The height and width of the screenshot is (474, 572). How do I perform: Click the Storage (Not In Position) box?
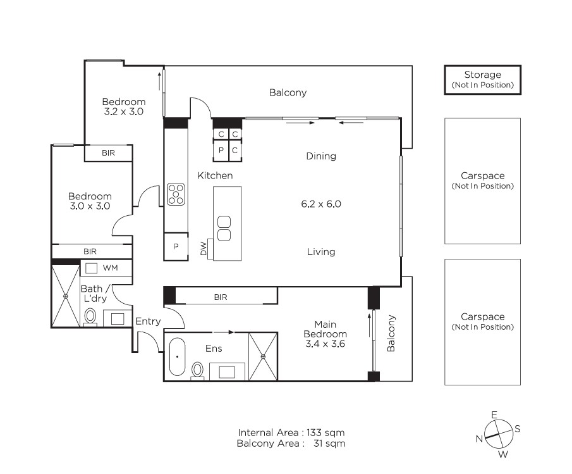482,80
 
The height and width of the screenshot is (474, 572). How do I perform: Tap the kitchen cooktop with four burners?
176,194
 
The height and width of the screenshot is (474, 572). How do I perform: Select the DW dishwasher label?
204,248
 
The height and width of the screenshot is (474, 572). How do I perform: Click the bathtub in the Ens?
178,357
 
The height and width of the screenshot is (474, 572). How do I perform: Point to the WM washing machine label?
110,268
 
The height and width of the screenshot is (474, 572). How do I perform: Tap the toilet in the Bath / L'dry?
90,316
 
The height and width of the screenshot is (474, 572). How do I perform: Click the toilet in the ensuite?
197,370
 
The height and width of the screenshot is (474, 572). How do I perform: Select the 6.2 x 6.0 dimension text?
321,204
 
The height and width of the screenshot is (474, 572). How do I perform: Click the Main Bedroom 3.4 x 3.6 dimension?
326,344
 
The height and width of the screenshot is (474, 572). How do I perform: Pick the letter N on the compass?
479,439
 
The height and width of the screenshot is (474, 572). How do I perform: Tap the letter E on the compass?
494,415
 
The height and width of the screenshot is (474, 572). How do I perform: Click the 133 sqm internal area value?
326,433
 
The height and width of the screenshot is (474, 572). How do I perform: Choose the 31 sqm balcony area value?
329,444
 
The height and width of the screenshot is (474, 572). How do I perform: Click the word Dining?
321,156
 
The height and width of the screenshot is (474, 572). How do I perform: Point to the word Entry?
148,321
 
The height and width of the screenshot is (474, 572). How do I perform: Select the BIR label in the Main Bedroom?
221,297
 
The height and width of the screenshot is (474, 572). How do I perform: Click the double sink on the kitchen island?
224,228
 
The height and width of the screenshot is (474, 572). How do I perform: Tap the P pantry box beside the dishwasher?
176,247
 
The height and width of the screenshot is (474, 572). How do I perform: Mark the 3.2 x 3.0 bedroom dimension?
124,111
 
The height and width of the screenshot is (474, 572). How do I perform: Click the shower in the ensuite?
263,356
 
